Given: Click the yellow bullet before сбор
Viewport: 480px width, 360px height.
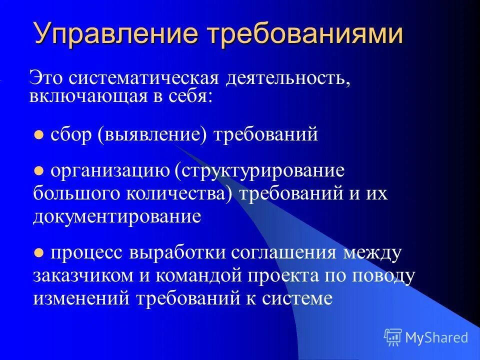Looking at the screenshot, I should pyautogui.click(x=38, y=135).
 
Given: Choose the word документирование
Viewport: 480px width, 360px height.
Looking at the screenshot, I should pyautogui.click(x=117, y=216).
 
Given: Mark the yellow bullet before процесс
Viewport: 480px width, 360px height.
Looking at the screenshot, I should pyautogui.click(x=38, y=253).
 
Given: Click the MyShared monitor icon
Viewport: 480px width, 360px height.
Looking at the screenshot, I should pyautogui.click(x=392, y=337).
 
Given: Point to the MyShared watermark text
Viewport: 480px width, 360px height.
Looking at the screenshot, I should pyautogui.click(x=436, y=337).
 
